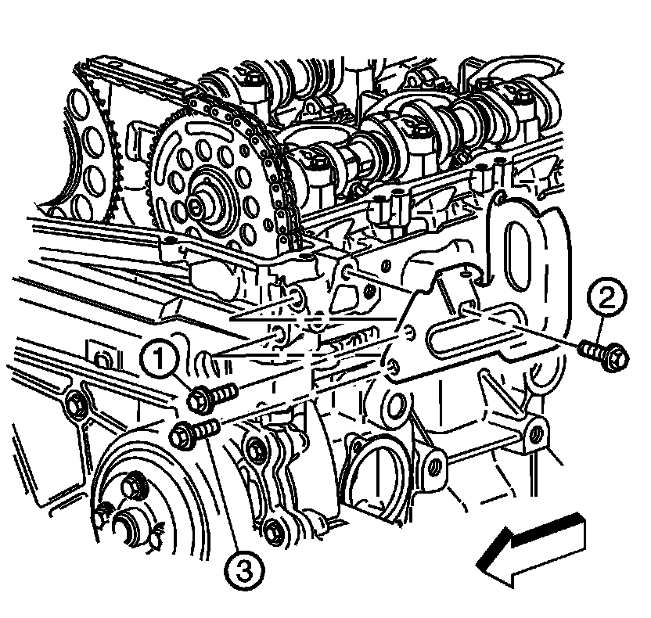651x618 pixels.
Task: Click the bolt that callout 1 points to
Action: pyautogui.click(x=212, y=397)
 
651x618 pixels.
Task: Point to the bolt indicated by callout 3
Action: pyautogui.click(x=194, y=433)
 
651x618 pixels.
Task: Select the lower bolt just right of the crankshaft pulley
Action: pyautogui.click(x=272, y=530)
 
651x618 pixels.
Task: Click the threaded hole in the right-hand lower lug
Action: pyautogui.click(x=537, y=433)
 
